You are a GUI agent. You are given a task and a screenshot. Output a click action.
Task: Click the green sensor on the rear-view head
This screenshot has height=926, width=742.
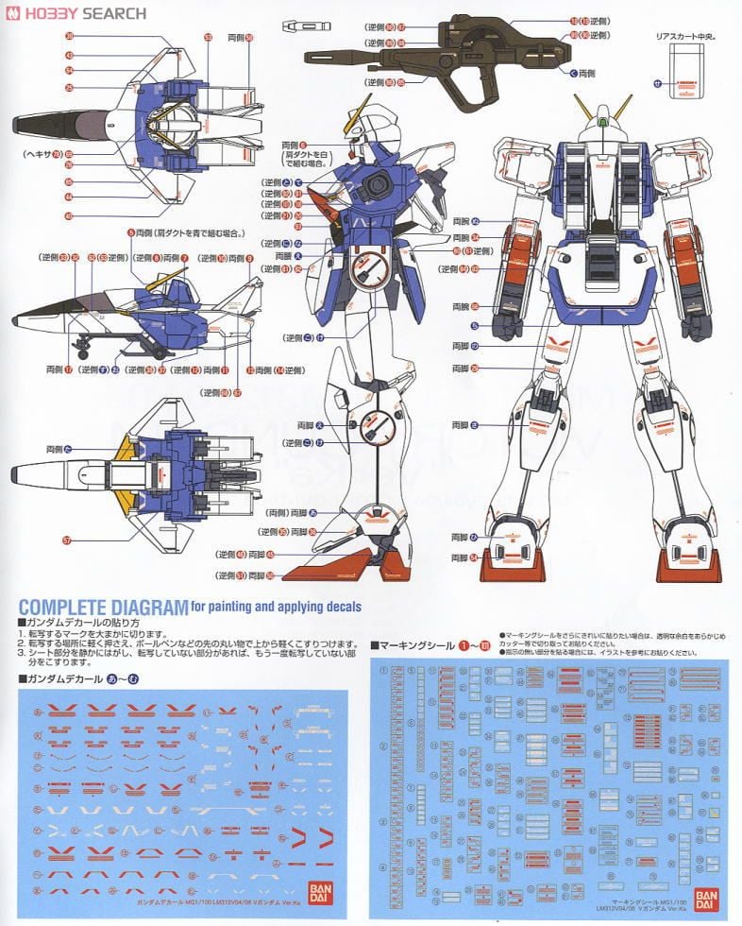604,121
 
